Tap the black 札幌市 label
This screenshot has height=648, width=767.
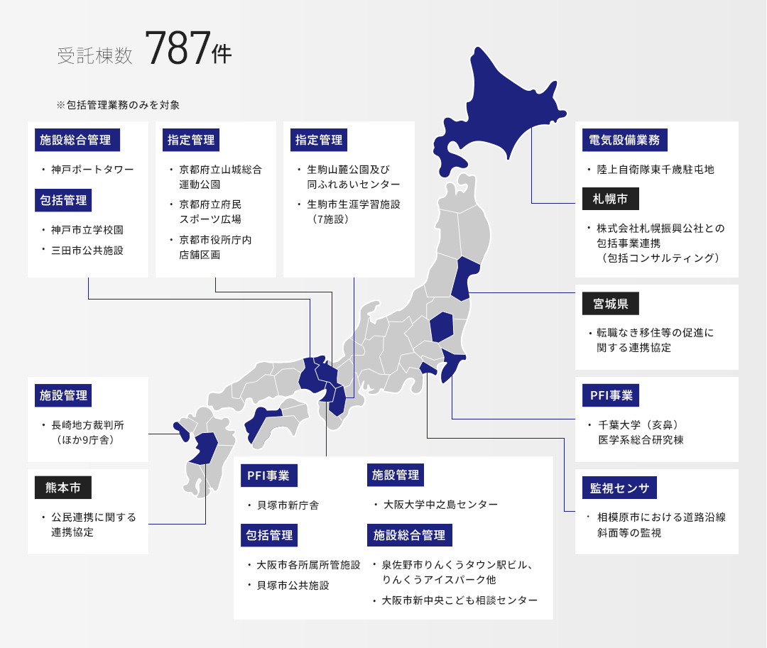(611, 199)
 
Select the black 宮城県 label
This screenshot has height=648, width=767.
(611, 304)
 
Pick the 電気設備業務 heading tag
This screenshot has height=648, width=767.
(625, 140)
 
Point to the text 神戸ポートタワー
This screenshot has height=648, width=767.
(92, 170)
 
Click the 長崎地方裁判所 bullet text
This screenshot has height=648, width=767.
(87, 425)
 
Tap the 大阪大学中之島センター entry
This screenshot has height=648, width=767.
(440, 505)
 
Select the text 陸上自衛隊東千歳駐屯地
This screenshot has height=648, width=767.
(655, 170)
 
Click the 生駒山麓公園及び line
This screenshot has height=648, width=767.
(348, 170)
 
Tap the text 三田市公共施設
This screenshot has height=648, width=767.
(87, 251)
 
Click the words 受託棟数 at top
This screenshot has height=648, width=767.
(95, 56)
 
